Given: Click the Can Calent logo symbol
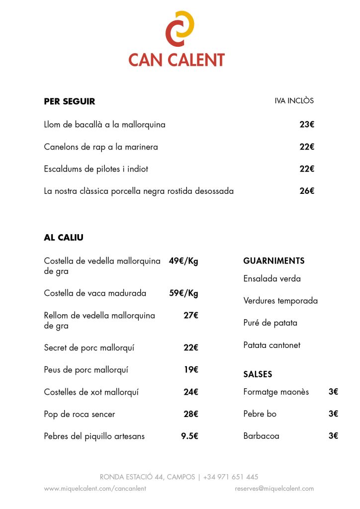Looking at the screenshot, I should point(180,28).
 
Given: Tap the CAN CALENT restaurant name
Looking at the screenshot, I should point(177,60).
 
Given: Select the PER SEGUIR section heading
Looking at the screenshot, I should point(70,101).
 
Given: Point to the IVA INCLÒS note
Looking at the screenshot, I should point(294,100).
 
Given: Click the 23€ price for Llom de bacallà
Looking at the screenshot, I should point(307,125).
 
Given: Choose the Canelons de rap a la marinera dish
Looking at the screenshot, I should point(101,147).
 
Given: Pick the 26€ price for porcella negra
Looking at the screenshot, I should point(307,191).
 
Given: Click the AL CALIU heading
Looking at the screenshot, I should point(64,238).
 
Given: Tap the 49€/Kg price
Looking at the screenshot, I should point(183,261).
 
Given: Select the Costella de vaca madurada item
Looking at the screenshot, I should point(95,293).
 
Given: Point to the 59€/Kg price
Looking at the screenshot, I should point(183,293).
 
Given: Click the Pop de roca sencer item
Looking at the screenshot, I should point(80,414).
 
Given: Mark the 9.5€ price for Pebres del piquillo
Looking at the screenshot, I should point(189,436).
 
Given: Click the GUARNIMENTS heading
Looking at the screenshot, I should point(274,261).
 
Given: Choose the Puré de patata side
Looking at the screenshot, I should point(270,323).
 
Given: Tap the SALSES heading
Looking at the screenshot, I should point(258,374).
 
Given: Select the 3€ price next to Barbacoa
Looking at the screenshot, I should point(333,436).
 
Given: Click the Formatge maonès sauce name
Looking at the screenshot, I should point(276,392).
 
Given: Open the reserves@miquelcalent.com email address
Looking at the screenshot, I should point(274,489).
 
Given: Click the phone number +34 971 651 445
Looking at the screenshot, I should point(231,477).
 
